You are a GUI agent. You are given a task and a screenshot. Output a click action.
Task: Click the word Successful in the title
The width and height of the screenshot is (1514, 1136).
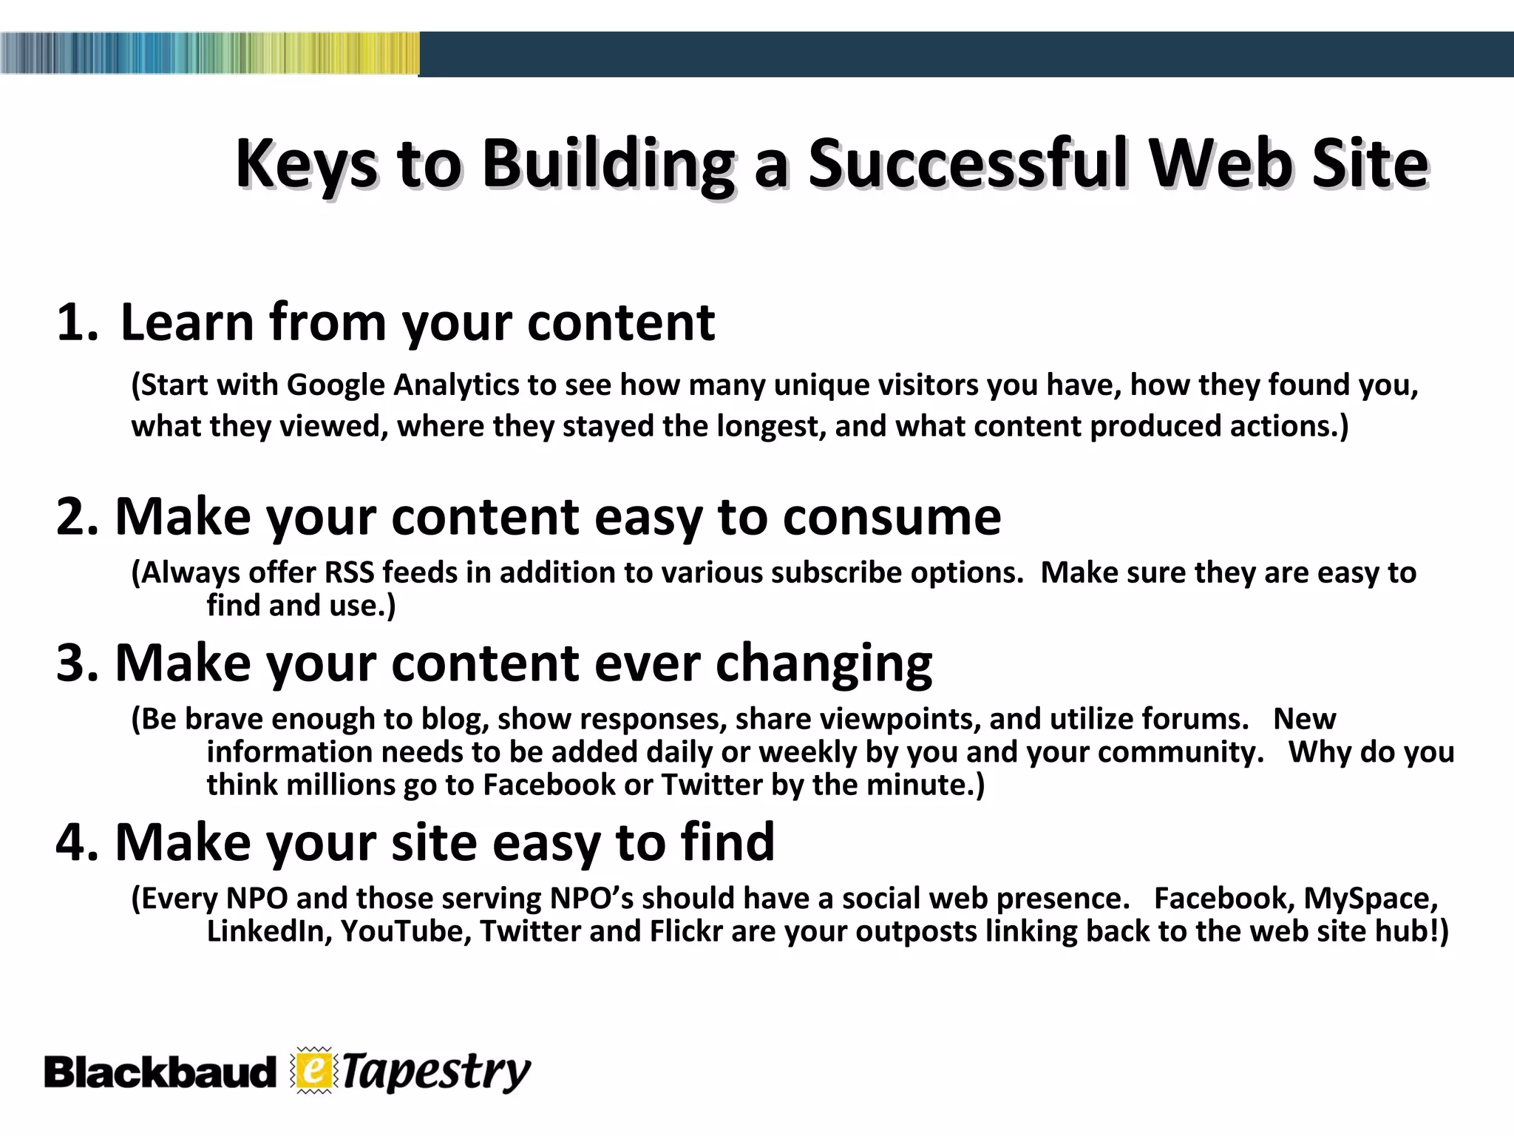point(968,163)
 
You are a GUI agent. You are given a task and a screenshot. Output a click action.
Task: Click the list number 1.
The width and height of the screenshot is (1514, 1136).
point(75,322)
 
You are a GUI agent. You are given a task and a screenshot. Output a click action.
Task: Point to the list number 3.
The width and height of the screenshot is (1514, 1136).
point(75,663)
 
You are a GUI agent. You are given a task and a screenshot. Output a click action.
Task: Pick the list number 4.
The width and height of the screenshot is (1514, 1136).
point(75,842)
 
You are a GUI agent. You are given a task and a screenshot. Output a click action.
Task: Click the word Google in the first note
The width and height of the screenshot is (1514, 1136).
point(336,385)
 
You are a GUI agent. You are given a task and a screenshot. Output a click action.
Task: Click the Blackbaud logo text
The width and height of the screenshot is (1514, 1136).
point(160,1072)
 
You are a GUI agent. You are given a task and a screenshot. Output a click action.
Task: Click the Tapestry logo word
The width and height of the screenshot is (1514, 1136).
point(436,1072)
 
